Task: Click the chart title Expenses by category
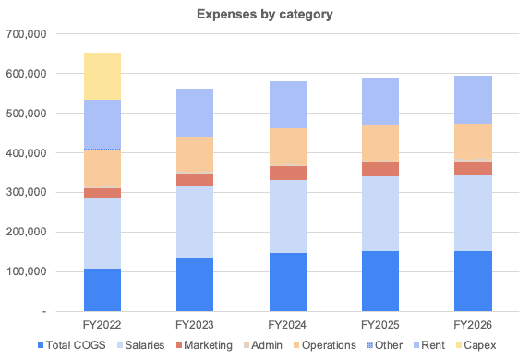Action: (x=264, y=16)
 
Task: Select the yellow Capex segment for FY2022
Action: (x=102, y=76)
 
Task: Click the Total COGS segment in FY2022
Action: (x=102, y=290)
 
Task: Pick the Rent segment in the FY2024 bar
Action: (x=288, y=104)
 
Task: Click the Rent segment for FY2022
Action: (x=102, y=124)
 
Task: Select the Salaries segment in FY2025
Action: (x=380, y=213)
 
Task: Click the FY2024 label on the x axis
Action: (x=288, y=325)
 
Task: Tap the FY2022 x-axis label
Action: (x=102, y=325)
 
